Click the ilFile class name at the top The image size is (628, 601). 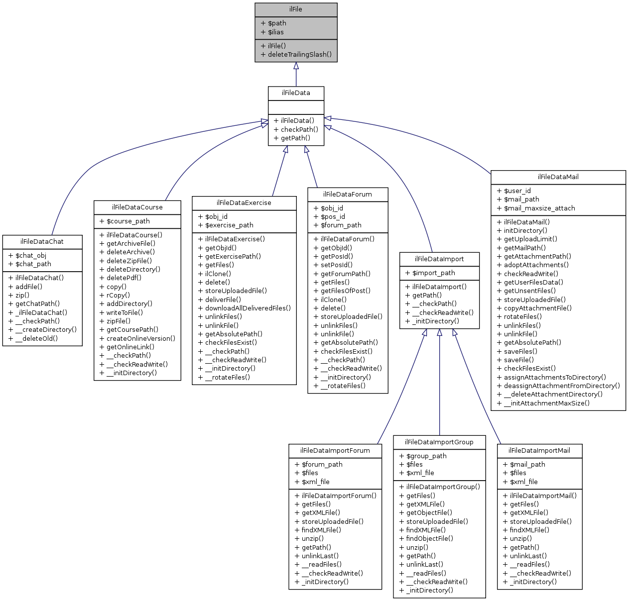[x=296, y=9]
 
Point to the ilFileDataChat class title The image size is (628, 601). [x=42, y=242]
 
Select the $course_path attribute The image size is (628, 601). [x=128, y=221]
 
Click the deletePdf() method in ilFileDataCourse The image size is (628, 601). [x=124, y=278]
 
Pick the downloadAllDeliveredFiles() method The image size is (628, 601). [x=248, y=308]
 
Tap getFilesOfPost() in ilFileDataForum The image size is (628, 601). [x=345, y=291]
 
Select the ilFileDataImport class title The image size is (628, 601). [x=439, y=259]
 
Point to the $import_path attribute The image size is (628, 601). [x=433, y=273]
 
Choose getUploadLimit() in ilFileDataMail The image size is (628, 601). [x=530, y=239]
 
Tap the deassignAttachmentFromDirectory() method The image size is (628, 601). [x=562, y=386]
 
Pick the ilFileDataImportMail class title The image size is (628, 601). [x=539, y=451]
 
